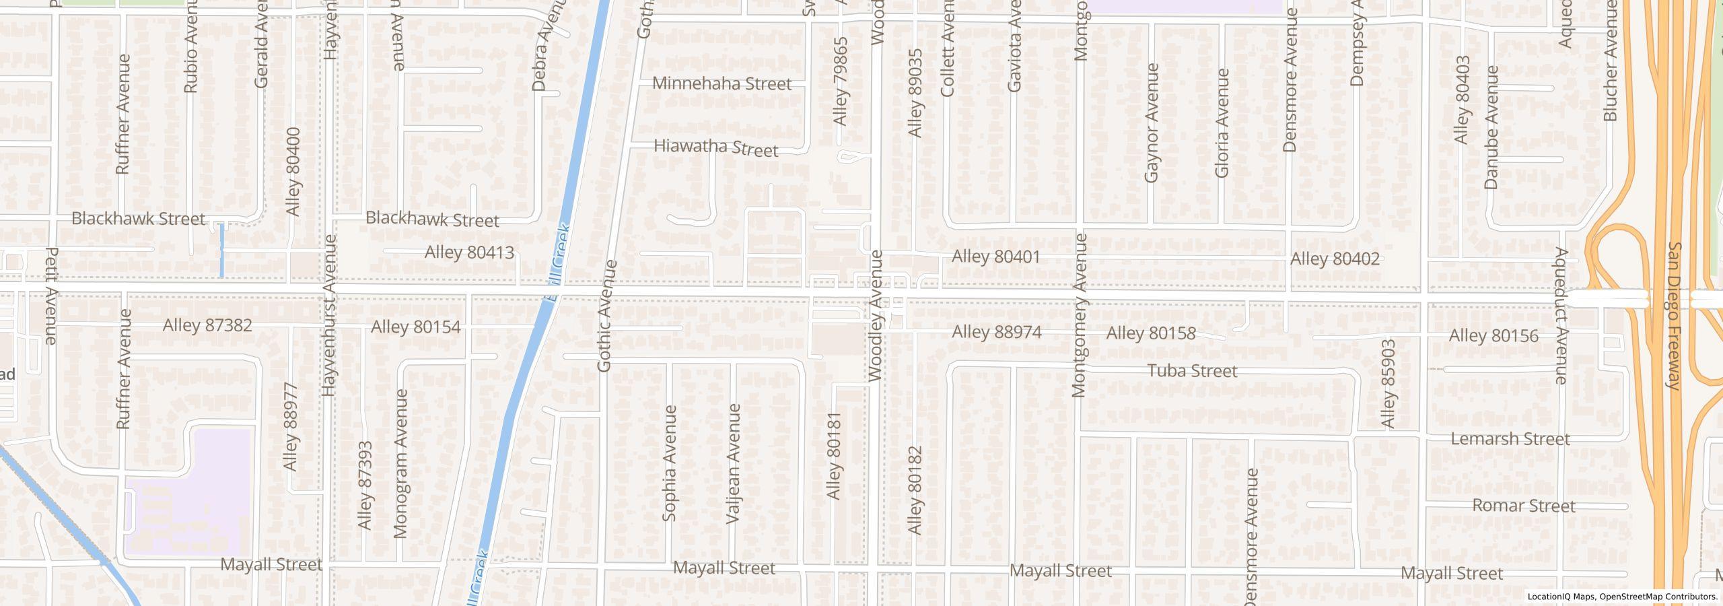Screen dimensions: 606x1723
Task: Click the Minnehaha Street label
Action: click(722, 84)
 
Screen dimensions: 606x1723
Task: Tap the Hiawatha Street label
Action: click(715, 147)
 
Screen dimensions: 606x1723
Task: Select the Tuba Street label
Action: click(1192, 371)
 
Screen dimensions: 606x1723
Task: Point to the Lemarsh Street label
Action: click(1510, 439)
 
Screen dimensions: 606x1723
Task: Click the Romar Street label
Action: click(1523, 506)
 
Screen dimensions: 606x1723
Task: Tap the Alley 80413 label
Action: click(469, 252)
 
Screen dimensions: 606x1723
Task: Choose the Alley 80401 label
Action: click(995, 257)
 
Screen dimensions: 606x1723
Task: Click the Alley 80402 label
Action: click(1335, 259)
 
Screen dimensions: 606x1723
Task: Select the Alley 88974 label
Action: click(996, 332)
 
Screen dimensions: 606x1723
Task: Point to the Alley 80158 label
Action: click(1151, 333)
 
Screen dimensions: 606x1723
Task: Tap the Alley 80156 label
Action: click(1493, 335)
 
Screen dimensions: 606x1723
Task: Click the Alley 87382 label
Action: click(207, 326)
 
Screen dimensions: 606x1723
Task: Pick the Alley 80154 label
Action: click(416, 327)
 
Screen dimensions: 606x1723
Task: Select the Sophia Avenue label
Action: click(669, 463)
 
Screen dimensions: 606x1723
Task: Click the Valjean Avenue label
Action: click(734, 463)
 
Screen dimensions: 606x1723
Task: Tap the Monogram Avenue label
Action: click(400, 463)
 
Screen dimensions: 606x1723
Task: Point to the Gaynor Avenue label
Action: click(1152, 123)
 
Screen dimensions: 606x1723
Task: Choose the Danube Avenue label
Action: click(1491, 127)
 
